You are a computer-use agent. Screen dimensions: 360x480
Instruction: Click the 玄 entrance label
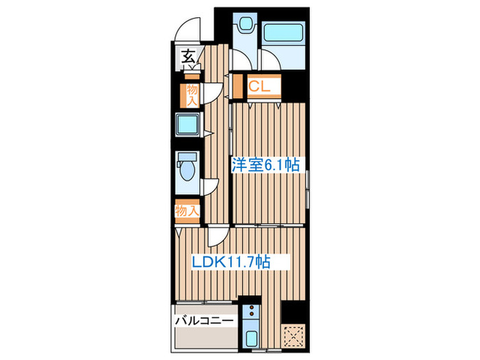(x=187, y=58)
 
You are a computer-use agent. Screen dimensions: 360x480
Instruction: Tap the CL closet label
(x=259, y=86)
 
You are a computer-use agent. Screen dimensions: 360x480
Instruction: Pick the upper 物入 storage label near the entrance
(x=192, y=95)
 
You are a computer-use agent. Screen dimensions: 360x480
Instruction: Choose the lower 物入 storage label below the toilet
(x=187, y=211)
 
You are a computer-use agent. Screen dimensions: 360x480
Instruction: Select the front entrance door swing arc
(x=185, y=31)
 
